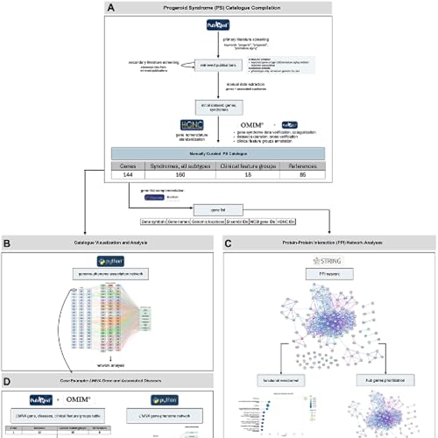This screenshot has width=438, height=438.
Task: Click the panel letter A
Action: click(109, 8)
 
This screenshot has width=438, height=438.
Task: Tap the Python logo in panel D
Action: click(155, 399)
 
